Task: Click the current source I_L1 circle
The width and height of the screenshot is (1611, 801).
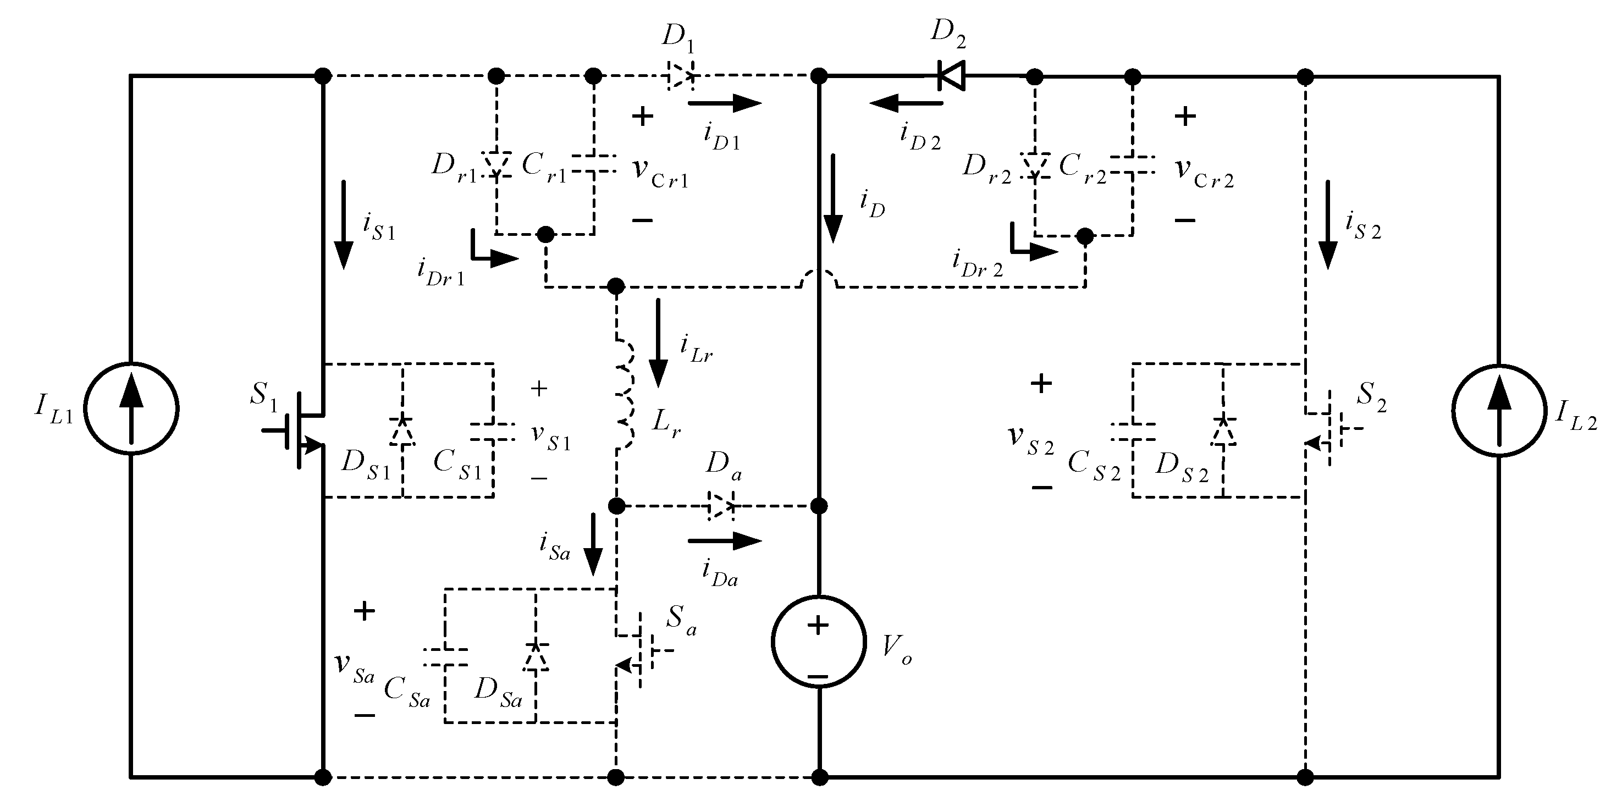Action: pyautogui.click(x=131, y=410)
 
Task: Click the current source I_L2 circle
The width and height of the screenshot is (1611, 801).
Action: pyautogui.click(x=1498, y=411)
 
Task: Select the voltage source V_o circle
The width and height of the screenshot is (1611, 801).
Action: pyautogui.click(x=819, y=642)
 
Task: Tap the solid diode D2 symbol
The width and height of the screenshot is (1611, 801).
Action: pyautogui.click(x=951, y=76)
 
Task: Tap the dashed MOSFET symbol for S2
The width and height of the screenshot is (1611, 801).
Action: pyautogui.click(x=1325, y=429)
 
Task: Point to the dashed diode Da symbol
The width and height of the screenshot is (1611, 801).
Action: pyautogui.click(x=720, y=505)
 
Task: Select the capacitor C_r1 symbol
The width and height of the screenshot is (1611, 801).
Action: pyautogui.click(x=593, y=165)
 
